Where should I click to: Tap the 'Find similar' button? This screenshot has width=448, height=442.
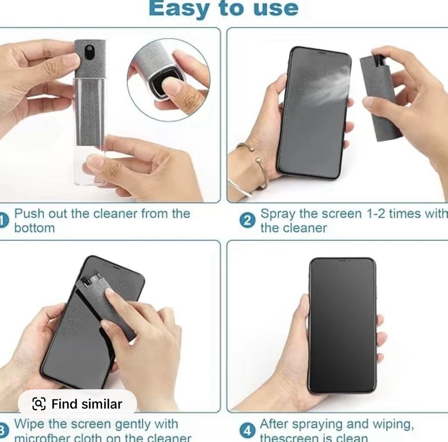click(77, 404)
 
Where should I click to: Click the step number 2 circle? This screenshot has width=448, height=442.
click(247, 221)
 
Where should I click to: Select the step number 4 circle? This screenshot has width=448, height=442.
click(247, 431)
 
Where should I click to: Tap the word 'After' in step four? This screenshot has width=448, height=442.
click(276, 424)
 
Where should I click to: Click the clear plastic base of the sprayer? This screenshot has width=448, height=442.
click(90, 166)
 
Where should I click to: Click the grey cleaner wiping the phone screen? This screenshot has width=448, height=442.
click(108, 304)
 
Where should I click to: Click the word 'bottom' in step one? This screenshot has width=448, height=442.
click(34, 228)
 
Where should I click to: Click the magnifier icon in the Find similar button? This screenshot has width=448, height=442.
click(39, 404)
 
